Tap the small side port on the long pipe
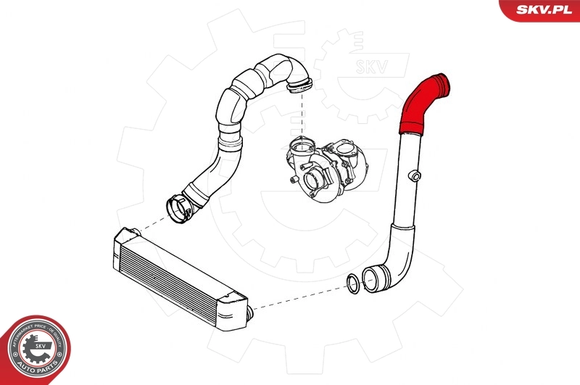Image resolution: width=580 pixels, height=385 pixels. click(415, 175)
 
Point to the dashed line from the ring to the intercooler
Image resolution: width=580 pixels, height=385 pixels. click(297, 297)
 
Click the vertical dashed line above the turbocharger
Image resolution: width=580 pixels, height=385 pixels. click(299, 116)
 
